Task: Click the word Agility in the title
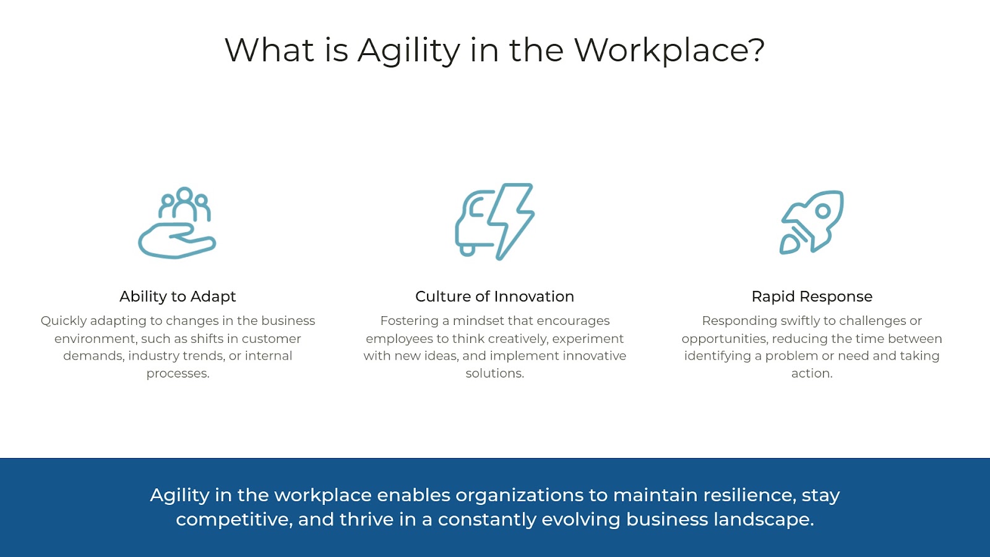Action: tap(408, 50)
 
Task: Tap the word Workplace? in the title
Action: tap(669, 50)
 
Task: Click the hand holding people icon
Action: tap(177, 223)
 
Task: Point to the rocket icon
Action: tap(811, 222)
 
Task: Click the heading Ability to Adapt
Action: tap(178, 296)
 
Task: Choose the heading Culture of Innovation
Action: tap(494, 296)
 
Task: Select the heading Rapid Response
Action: tap(812, 296)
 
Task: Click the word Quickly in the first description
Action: tap(64, 321)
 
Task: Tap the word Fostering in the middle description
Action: tap(409, 321)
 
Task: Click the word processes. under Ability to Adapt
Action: tap(178, 373)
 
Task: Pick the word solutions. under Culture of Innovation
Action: tap(494, 373)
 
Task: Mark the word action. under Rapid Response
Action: tap(812, 373)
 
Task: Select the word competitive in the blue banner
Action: tap(233, 519)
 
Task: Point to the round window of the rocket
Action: tap(822, 210)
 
